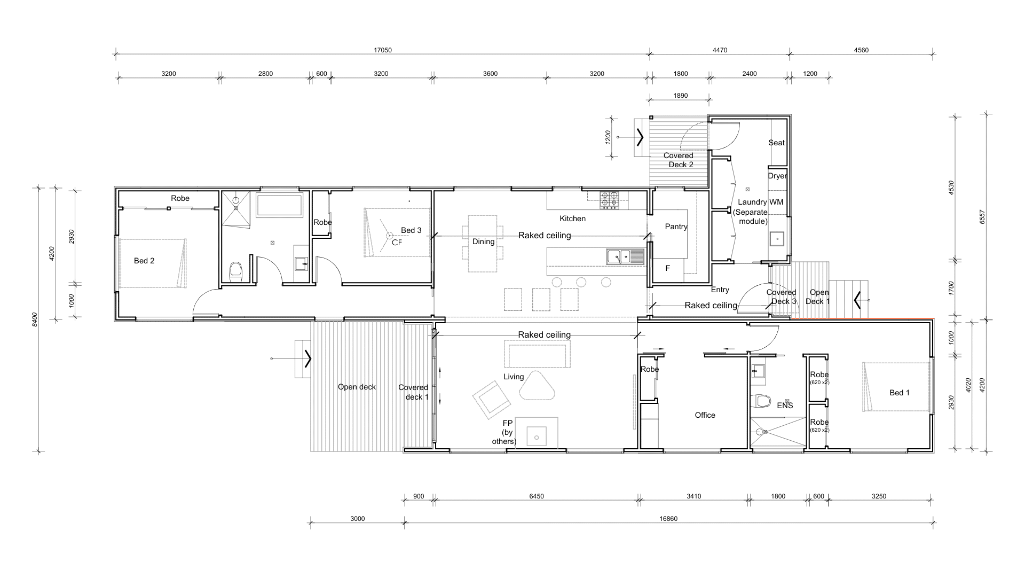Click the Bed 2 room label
pyautogui.click(x=144, y=261)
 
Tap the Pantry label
pyautogui.click(x=676, y=227)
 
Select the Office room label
pyautogui.click(x=705, y=415)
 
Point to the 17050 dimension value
pyautogui.click(x=382, y=50)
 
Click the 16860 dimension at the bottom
pyautogui.click(x=668, y=519)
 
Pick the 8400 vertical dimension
pyautogui.click(x=34, y=319)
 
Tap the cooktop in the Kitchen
pyautogui.click(x=609, y=200)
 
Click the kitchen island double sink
pyautogui.click(x=625, y=257)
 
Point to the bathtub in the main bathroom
pyautogui.click(x=279, y=206)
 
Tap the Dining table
pyautogui.click(x=483, y=244)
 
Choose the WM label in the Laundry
pyautogui.click(x=776, y=202)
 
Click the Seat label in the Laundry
pyautogui.click(x=777, y=143)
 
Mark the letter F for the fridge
pyautogui.click(x=667, y=269)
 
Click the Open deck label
pyautogui.click(x=357, y=387)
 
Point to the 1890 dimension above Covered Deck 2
pyautogui.click(x=681, y=96)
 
